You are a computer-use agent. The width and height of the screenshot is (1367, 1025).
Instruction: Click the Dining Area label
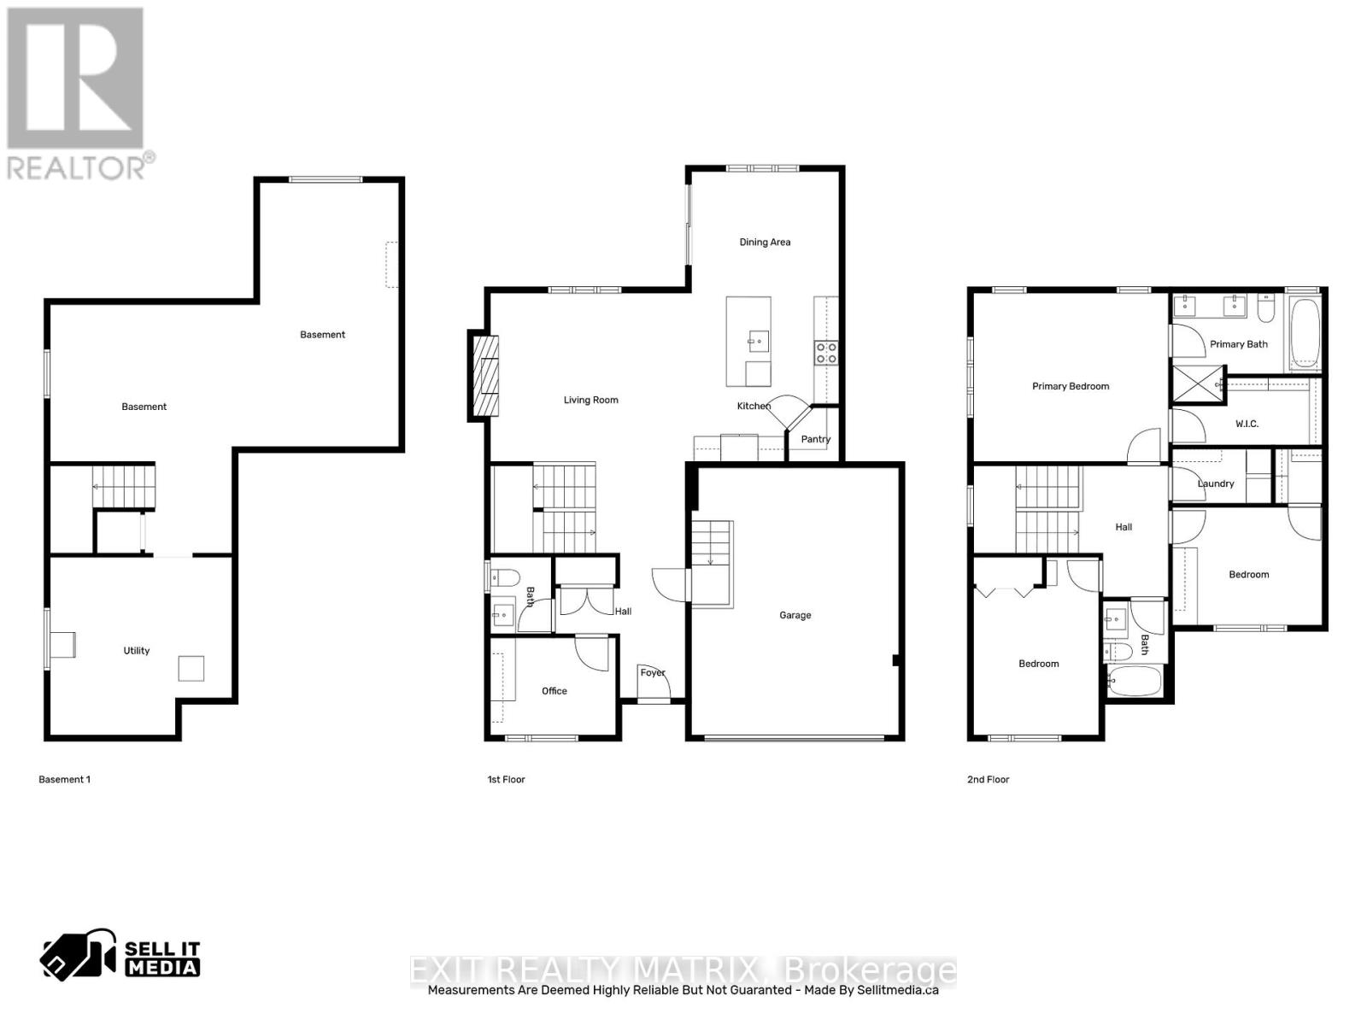pos(765,243)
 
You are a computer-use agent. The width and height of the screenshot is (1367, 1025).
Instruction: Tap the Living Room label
pos(590,400)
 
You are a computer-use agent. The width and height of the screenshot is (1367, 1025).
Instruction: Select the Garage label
pos(795,615)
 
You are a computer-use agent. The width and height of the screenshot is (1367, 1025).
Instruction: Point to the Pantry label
pos(815,439)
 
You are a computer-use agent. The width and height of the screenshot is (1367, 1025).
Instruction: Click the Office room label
pos(554,691)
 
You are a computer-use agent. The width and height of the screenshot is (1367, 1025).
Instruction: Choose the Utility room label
pos(137,651)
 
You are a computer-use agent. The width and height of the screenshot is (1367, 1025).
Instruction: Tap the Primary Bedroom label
pos(1071,386)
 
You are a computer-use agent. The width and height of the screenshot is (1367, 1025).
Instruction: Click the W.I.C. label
pos(1247,424)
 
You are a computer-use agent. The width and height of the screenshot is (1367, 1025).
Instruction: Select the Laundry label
pos(1215,483)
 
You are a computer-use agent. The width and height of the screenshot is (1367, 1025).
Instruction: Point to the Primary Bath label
pos(1239,344)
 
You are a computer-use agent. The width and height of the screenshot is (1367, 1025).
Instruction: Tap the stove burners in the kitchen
pos(825,353)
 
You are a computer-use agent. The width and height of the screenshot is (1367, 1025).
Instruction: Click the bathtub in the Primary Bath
pos(1304,332)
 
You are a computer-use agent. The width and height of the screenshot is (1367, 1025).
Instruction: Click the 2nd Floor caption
pos(988,780)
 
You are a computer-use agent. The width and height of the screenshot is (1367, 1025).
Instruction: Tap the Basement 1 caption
pos(64,780)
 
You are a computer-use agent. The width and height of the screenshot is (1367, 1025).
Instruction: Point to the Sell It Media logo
pos(120,958)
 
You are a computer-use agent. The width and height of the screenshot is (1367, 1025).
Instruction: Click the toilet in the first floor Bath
pos(504,578)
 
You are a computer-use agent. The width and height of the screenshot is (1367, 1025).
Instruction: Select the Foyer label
pos(653,673)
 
